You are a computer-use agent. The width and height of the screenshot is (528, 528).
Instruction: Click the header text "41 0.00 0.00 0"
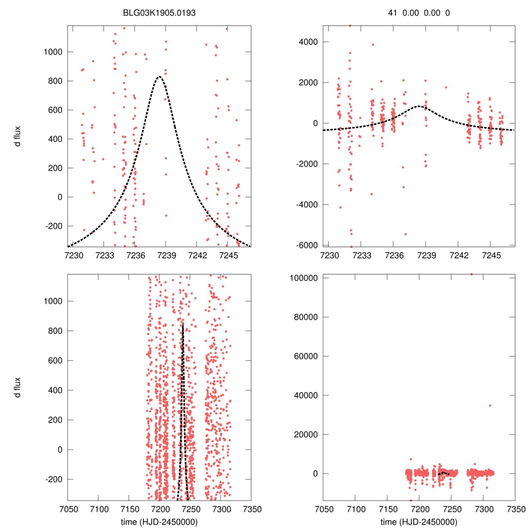coord(419,13)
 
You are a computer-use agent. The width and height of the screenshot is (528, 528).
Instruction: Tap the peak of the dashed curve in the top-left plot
coord(159,77)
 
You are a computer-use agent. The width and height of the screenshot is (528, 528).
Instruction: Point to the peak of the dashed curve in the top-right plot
coord(419,106)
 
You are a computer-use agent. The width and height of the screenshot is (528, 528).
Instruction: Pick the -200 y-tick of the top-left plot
coord(54,226)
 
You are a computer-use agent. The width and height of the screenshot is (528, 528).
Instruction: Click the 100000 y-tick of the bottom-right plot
coord(305,278)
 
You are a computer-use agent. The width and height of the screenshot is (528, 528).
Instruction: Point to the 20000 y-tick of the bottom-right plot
coord(307,435)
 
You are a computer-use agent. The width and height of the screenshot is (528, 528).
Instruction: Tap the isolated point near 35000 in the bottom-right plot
coord(490,405)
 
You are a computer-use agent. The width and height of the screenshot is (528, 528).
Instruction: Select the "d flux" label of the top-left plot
coord(17,136)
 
